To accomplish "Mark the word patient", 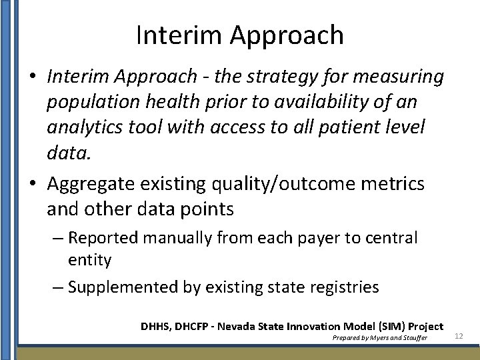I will coord(357,127).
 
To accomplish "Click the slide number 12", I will coord(459,335).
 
